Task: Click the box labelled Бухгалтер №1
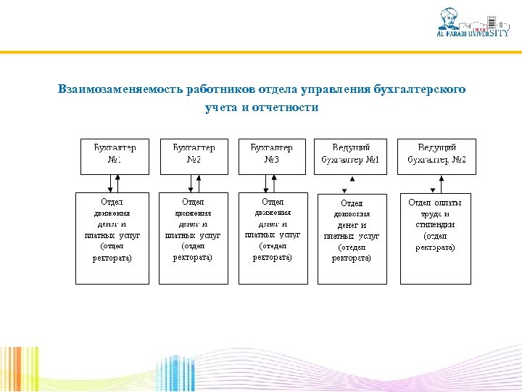114,156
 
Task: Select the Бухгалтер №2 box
194,156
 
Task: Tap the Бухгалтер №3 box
272,156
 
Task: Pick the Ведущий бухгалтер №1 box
352,156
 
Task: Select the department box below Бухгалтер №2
193,237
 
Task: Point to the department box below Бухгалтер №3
273,237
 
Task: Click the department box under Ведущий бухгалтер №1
352,237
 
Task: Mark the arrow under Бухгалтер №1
114,183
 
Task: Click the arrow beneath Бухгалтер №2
194,183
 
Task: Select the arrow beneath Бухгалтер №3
272,183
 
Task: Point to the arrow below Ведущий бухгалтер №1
352,183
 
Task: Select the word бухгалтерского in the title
420,89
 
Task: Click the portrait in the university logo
451,18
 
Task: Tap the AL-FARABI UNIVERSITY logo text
471,33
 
